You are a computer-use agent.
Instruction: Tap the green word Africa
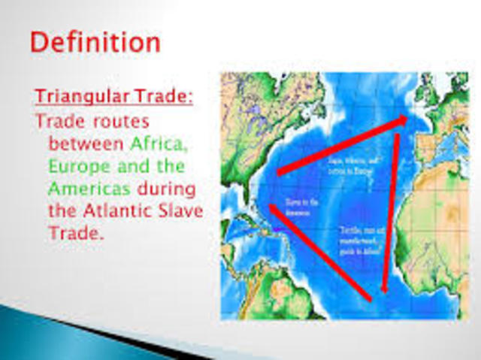pyautogui.click(x=159, y=142)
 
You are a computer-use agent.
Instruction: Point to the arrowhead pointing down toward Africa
pyautogui.click(x=383, y=287)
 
